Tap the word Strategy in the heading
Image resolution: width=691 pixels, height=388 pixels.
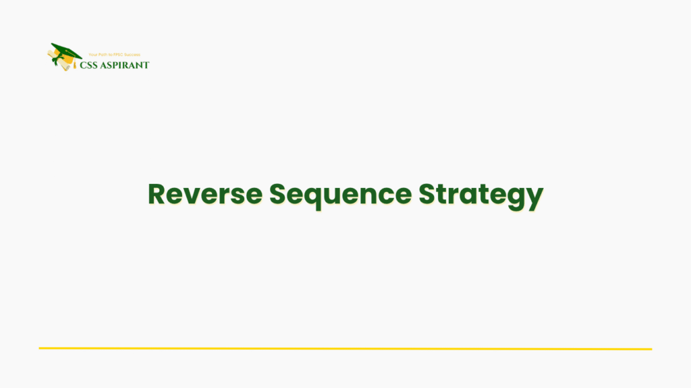480,194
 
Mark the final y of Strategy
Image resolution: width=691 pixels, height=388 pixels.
535,197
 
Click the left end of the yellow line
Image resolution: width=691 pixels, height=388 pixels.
40,348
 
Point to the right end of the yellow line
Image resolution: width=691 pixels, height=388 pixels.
651,349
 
